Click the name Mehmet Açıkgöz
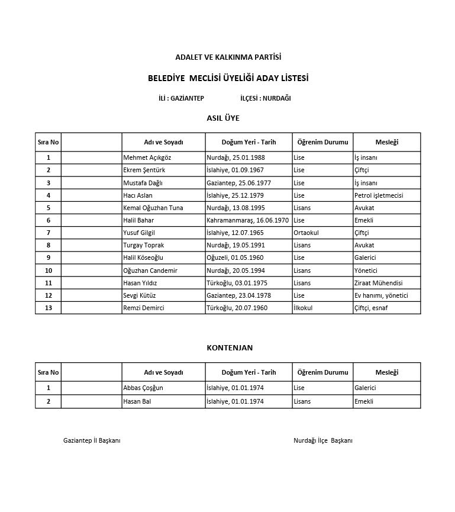click(x=147, y=158)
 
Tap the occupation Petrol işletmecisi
click(x=378, y=195)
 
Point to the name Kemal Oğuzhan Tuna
click(x=153, y=208)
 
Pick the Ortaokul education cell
click(x=306, y=233)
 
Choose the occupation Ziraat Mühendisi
click(x=378, y=283)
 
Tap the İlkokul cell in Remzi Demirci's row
click(x=303, y=308)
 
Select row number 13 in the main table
click(x=48, y=308)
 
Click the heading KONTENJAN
click(x=230, y=348)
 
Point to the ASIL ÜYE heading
click(x=223, y=118)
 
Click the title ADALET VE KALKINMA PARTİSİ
click(x=228, y=57)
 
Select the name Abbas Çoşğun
click(x=143, y=388)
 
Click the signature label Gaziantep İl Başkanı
click(x=92, y=441)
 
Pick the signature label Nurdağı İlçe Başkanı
click(x=323, y=441)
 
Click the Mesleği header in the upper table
click(x=386, y=142)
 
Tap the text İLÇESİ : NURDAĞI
click(x=266, y=98)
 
